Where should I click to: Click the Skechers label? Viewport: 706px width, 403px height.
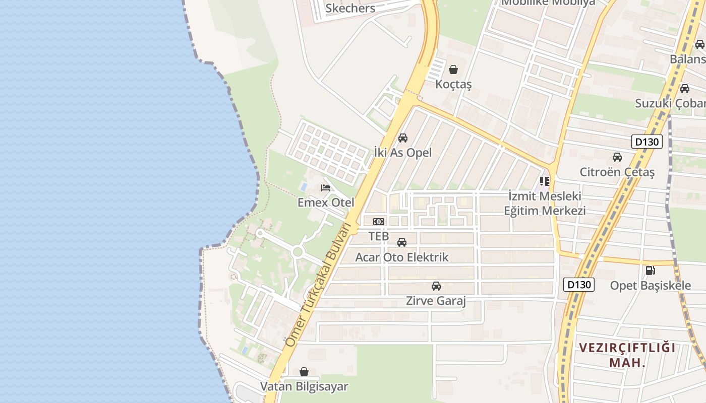(350, 8)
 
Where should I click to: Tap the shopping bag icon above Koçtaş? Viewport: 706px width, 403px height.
(453, 70)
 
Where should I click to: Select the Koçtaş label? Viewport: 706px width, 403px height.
(453, 84)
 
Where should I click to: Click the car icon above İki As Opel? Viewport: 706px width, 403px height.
(403, 138)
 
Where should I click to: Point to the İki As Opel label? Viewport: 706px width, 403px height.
(403, 152)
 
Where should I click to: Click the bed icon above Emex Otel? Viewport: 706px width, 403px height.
(326, 188)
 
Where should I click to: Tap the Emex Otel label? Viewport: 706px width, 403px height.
(326, 203)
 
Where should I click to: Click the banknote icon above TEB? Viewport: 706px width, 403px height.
(379, 222)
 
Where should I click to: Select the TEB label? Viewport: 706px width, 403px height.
(379, 236)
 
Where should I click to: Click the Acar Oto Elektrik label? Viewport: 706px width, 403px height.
(402, 257)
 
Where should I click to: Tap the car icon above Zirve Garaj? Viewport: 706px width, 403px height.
(436, 286)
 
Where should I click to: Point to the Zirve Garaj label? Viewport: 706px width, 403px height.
(436, 301)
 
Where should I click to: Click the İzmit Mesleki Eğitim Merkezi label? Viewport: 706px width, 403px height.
(545, 203)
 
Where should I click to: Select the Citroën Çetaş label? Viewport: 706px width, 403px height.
(617, 172)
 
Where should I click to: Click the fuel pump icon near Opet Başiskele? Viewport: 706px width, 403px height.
(651, 271)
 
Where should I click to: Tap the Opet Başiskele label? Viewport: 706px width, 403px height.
(651, 286)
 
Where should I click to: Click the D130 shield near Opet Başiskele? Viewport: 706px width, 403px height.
(579, 285)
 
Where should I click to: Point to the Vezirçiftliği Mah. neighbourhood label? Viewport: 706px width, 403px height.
(627, 355)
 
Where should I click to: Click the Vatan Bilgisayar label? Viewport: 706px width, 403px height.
(304, 387)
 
